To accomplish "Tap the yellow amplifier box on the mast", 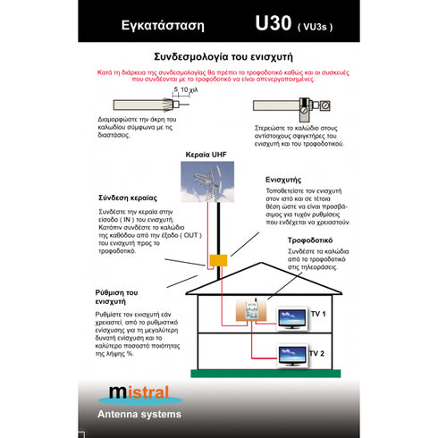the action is tap(215, 261).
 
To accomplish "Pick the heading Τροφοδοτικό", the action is tap(309, 241).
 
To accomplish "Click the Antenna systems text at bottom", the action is tap(139, 414).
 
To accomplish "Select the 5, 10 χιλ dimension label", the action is tap(186, 90).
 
